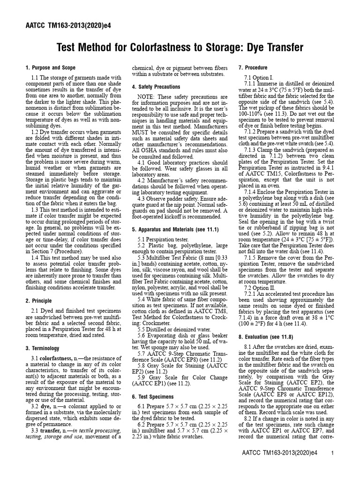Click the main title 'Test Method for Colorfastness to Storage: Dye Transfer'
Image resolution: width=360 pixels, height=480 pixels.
(x=180, y=47)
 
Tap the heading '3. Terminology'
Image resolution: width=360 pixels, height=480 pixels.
(x=43, y=348)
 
